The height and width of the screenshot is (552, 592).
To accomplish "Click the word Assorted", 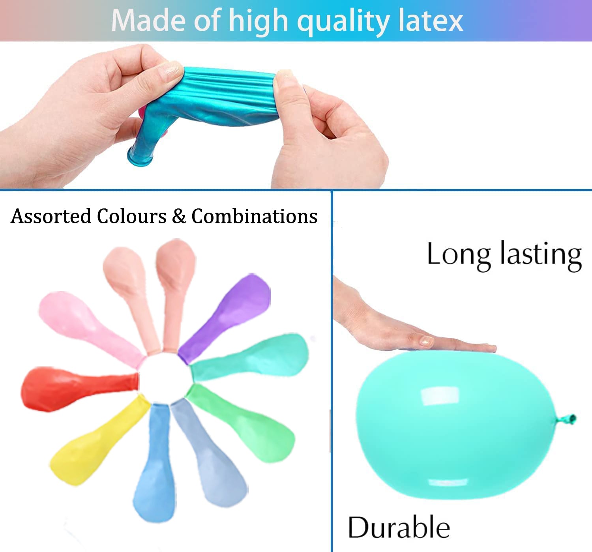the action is [x=51, y=216].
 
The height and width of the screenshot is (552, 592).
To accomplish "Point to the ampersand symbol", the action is [x=179, y=216].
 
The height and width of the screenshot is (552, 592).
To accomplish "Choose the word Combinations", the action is [x=254, y=216].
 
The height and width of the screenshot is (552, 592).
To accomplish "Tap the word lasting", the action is [x=541, y=255].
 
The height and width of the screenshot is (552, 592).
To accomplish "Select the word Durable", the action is [x=399, y=527].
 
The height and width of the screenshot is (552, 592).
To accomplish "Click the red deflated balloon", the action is [x=77, y=388].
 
